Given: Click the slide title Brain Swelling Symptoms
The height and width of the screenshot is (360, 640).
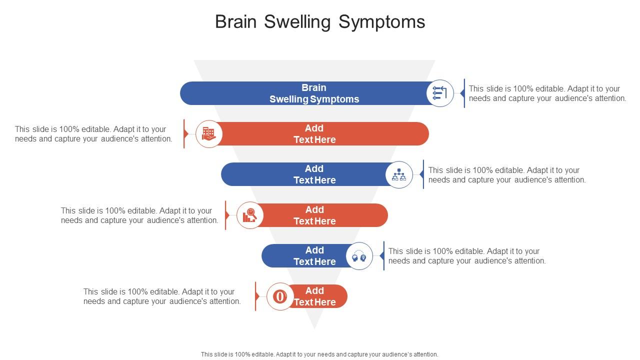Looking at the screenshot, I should point(320,22).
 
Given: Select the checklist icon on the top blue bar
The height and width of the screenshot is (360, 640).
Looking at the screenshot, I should point(439,93).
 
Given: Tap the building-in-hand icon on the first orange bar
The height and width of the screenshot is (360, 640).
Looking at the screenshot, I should point(208,134).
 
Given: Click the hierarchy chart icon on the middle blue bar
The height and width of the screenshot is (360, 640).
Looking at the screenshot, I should point(399,174).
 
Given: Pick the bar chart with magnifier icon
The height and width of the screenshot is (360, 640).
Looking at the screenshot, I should point(249,215).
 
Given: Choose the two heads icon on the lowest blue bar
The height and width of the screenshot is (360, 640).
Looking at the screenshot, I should point(359,256).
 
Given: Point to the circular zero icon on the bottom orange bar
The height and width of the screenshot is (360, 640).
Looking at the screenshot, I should point(280,296).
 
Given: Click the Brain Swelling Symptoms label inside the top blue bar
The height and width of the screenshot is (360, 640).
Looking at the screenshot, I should point(314,93).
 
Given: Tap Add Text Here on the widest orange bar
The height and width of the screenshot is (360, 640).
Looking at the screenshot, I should point(314,134).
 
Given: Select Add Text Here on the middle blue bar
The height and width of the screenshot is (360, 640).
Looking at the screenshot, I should point(314,174).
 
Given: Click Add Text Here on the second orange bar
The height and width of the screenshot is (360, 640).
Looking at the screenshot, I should point(314,215).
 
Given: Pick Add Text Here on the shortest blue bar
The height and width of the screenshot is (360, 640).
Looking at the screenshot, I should point(314,256).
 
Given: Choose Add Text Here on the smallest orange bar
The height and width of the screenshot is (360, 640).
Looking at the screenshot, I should point(314,296).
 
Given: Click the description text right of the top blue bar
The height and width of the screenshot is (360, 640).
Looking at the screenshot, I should point(547,93).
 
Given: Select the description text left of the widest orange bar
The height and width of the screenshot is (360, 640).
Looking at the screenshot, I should point(93,134).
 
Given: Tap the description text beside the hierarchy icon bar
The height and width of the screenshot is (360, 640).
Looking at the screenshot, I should point(506,175).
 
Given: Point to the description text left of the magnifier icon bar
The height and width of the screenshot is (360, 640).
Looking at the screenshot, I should point(139,215).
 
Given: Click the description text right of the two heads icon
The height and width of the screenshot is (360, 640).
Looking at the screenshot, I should point(466,256).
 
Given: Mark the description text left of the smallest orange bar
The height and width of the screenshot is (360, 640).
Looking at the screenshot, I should point(162,296).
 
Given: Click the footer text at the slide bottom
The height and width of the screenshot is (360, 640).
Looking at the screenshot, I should point(319,354).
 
